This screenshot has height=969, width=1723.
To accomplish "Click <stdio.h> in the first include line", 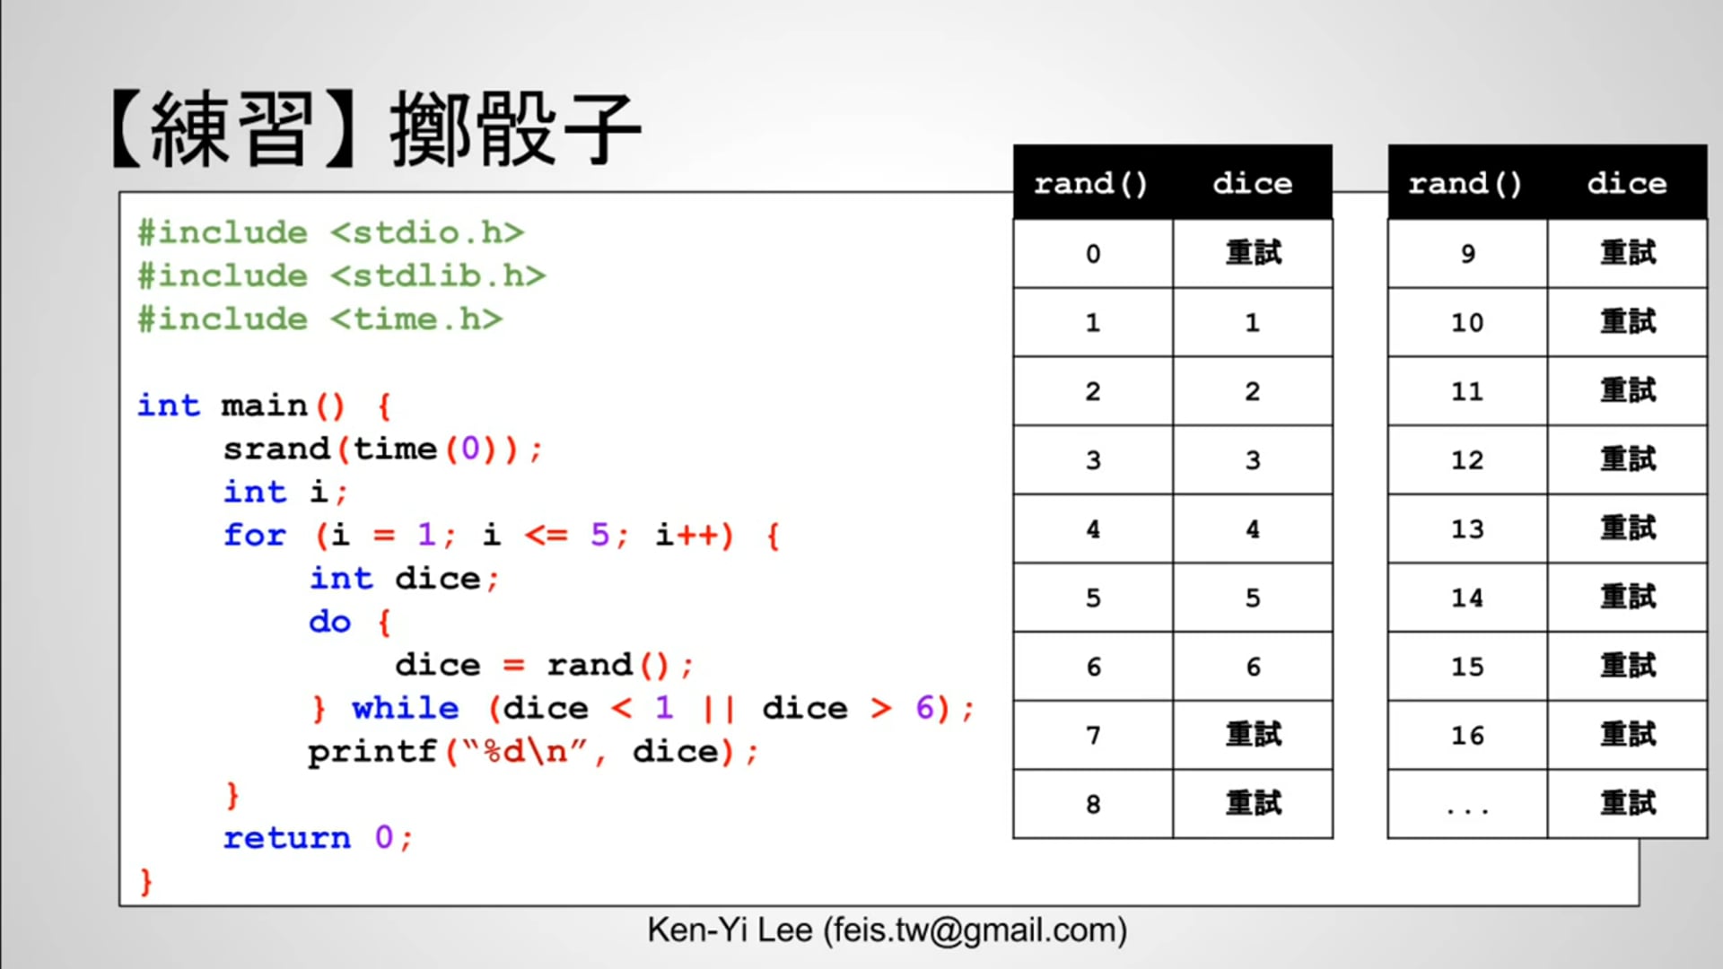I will click(x=427, y=232).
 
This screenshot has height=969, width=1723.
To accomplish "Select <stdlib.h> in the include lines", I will click(x=438, y=275).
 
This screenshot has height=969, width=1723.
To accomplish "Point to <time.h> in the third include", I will click(x=416, y=319).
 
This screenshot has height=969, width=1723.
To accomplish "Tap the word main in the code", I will click(x=265, y=406).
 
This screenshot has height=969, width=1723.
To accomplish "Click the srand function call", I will click(x=276, y=449).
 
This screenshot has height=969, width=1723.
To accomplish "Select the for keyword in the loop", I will click(x=255, y=536).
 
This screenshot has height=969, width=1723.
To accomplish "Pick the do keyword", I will click(x=329, y=622).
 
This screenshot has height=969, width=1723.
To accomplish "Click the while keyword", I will click(x=405, y=709).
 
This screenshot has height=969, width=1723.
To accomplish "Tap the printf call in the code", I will click(x=372, y=752).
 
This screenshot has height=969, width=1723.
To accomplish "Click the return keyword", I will click(x=287, y=838).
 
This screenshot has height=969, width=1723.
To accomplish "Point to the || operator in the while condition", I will click(x=719, y=709).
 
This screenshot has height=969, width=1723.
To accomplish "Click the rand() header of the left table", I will click(x=1091, y=183).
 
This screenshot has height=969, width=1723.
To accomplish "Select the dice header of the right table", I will click(x=1626, y=183).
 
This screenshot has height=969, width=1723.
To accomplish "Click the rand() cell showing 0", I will click(x=1093, y=254).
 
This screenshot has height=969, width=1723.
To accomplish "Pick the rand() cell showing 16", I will click(x=1467, y=736).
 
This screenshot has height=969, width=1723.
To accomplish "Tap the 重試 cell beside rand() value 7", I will click(x=1253, y=736).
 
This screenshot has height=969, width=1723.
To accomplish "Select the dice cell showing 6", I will click(x=1253, y=667).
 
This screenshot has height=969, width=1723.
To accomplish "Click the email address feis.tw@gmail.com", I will click(x=975, y=930).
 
